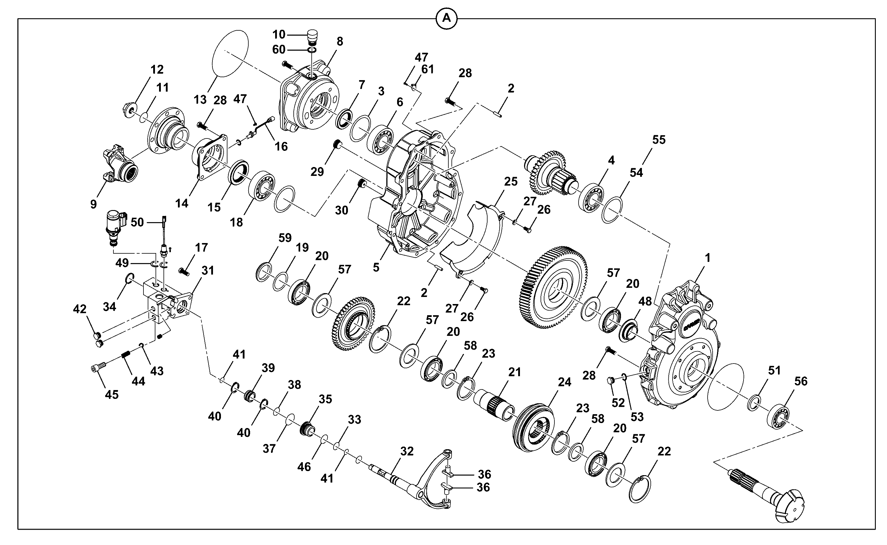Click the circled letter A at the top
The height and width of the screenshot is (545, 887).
pos(446,18)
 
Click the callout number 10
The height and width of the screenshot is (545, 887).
pos(279,34)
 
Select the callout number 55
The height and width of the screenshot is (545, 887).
pos(659,140)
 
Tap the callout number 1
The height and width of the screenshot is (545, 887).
pos(708,258)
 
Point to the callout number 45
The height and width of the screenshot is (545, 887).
pos(112,395)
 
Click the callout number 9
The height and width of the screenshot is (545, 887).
pos(93,204)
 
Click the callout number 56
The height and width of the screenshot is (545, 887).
pos(801,381)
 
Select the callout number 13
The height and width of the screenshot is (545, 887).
pos(200,100)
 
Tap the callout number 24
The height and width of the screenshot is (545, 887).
pos(564,382)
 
